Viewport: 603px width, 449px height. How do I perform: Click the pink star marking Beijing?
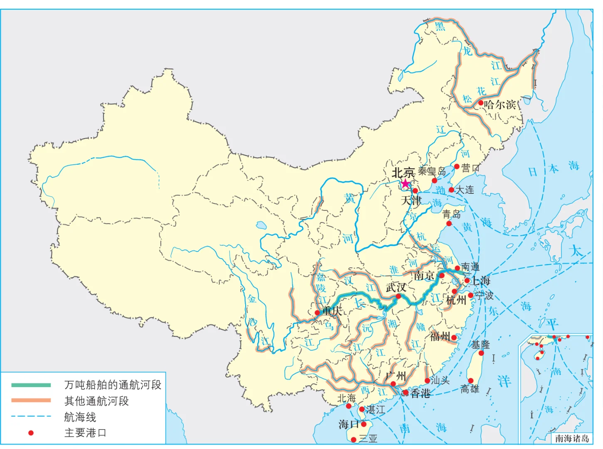tap(405, 183)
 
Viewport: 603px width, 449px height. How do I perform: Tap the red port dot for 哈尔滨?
tap(480, 103)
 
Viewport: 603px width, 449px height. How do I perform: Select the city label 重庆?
tap(332, 311)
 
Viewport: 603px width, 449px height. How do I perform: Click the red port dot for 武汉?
tap(398, 296)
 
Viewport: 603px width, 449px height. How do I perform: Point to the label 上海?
tap(480, 281)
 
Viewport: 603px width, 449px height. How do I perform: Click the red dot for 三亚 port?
tap(354, 439)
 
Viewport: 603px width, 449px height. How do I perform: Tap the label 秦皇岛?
tap(432, 171)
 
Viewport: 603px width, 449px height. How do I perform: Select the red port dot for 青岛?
tap(449, 224)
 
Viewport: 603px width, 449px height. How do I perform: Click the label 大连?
tap(465, 190)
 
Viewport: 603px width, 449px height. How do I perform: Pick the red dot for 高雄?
tap(470, 380)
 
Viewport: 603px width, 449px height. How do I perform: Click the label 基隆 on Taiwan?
tap(480, 344)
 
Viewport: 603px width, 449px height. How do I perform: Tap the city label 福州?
tap(440, 336)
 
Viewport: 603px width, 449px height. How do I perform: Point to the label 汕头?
tap(440, 380)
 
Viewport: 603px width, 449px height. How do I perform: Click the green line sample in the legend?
tap(31, 385)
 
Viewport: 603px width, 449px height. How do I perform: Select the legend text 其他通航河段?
tap(96, 401)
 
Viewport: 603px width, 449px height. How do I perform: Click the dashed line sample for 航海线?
tap(31, 416)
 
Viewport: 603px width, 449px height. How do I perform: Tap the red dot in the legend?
tap(31, 433)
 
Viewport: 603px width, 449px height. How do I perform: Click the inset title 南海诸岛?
tap(572, 438)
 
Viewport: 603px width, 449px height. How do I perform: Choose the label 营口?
tap(470, 168)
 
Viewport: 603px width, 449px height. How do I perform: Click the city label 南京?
tap(424, 275)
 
